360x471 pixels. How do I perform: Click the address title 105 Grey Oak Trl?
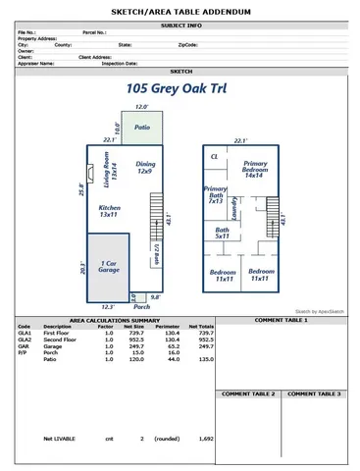click(180, 88)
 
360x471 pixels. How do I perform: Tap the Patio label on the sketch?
click(142, 128)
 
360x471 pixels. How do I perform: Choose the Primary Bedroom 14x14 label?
click(255, 168)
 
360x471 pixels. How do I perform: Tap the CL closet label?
click(214, 157)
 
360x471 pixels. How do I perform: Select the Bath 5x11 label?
click(223, 234)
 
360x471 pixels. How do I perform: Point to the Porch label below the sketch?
click(142, 307)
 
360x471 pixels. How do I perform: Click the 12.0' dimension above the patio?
click(141, 107)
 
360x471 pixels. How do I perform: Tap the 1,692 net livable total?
click(205, 439)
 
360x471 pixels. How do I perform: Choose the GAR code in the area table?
click(24, 345)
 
